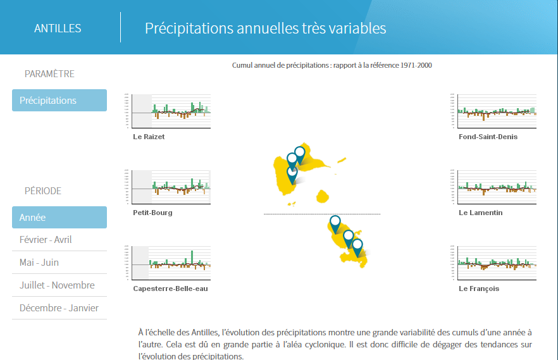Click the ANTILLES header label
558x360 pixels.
coord(58,28)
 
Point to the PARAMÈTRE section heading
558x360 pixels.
coord(49,74)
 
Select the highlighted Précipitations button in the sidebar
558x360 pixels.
coord(59,101)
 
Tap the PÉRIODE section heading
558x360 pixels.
coord(43,190)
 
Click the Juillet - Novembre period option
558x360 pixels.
coord(57,285)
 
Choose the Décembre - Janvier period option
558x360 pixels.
coord(59,308)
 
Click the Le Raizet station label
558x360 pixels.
coord(149,137)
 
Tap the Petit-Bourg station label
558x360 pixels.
coord(152,213)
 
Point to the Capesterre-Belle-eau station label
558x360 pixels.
coord(170,289)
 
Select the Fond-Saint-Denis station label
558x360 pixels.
coord(488,137)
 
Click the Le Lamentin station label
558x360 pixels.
coord(480,213)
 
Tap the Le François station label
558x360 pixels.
coord(479,289)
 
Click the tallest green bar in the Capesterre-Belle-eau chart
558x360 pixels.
coord(192,257)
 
